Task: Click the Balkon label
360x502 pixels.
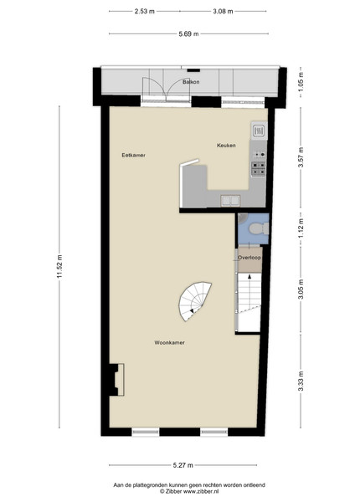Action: click(191, 82)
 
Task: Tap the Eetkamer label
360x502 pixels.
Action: click(134, 156)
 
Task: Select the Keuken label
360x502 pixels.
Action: click(226, 146)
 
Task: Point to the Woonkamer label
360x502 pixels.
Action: click(169, 342)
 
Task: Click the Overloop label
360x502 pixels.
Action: click(249, 258)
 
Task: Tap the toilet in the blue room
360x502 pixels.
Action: click(259, 228)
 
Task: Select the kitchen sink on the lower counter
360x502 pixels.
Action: click(230, 201)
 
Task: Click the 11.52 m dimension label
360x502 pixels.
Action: click(59, 266)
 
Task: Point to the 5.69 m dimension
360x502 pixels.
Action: click(188, 33)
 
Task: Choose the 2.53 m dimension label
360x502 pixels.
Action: click(145, 11)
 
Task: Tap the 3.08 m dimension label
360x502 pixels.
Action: click(223, 11)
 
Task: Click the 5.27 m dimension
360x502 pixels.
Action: click(183, 465)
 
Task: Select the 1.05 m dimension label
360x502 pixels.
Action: click(301, 81)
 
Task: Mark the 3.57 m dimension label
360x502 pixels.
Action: click(301, 157)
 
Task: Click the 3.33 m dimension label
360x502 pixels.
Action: click(301, 381)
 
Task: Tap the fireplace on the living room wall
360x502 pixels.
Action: click(117, 380)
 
